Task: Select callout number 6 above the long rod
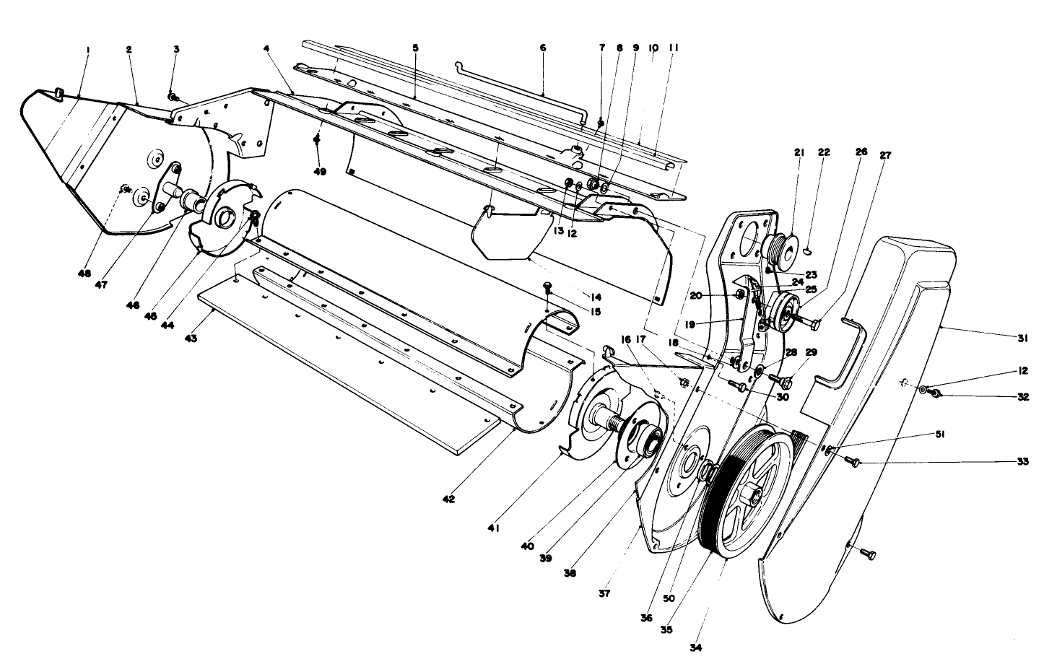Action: tap(543, 48)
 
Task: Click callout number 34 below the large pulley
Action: tap(695, 647)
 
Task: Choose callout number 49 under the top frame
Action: tap(318, 172)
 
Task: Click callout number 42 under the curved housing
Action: tap(449, 499)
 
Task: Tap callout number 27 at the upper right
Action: tap(885, 154)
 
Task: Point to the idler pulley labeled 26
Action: tap(781, 312)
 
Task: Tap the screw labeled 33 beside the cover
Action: tap(853, 462)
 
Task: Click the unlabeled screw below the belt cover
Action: tap(869, 554)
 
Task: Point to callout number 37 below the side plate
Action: tap(604, 593)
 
